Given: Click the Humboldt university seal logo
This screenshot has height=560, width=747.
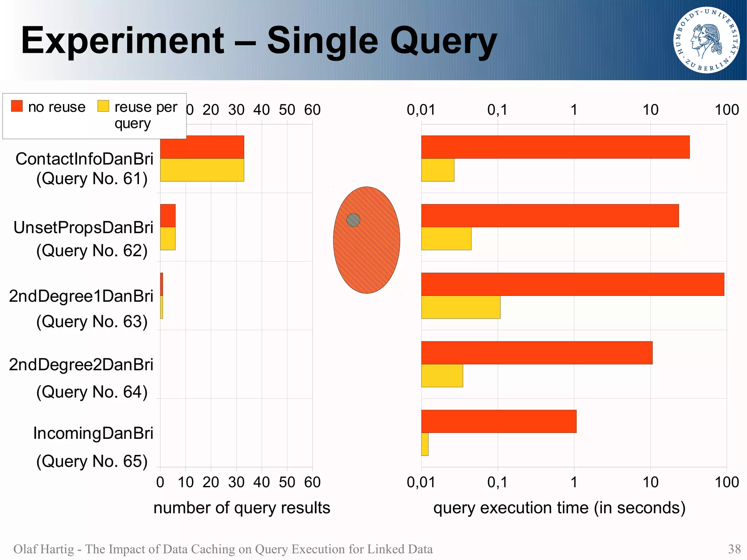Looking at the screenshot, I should (x=707, y=40).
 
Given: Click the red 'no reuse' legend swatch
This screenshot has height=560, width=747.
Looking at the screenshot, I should (x=17, y=106).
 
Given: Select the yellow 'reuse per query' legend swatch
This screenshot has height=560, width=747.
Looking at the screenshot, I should (x=103, y=106).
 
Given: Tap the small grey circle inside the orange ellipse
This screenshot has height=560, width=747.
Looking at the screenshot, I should (x=353, y=220).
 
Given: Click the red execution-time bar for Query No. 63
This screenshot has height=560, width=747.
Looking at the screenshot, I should (x=572, y=284).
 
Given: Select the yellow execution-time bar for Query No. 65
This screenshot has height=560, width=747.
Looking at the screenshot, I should (x=425, y=444).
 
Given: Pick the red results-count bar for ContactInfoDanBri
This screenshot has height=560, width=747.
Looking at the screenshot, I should (x=202, y=147).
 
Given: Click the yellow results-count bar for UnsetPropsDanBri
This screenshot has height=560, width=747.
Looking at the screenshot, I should (x=168, y=238).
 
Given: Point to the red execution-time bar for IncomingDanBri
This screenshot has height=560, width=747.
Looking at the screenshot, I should (x=499, y=421).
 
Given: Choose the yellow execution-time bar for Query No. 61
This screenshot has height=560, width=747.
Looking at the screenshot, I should (x=438, y=170).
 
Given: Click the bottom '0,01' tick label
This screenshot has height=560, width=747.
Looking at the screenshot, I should (x=421, y=482).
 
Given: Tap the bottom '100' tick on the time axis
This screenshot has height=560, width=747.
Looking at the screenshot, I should (x=727, y=482).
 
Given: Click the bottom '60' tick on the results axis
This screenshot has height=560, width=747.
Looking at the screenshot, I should (x=312, y=482).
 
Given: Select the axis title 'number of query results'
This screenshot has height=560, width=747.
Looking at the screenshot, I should (x=241, y=508).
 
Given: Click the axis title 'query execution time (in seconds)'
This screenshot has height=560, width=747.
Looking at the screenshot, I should (x=559, y=508).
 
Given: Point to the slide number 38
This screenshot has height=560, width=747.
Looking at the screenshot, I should (x=734, y=549).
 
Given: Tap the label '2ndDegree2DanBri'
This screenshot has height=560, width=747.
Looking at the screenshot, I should (x=81, y=364).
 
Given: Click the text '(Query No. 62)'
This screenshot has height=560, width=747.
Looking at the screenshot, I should (x=92, y=251).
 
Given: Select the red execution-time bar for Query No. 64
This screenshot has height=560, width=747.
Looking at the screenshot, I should (x=537, y=353).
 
